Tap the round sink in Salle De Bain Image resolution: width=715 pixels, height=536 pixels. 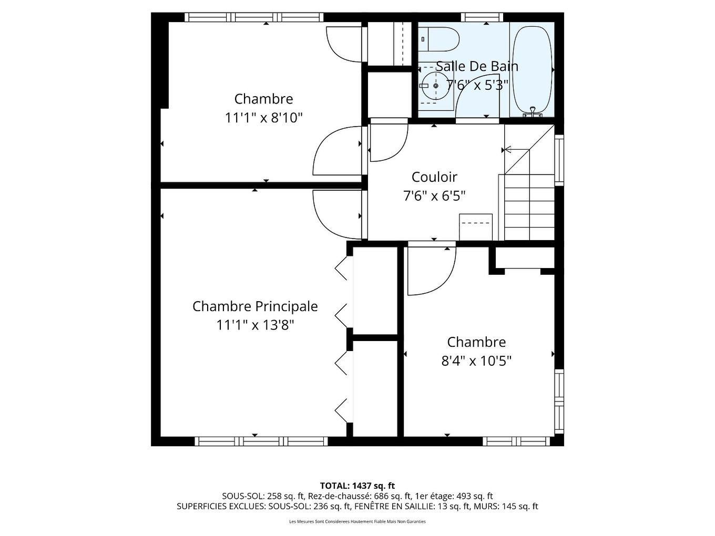(x=436, y=86)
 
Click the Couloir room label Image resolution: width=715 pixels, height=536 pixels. (x=434, y=177)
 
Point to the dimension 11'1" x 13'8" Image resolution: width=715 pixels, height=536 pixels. (x=255, y=325)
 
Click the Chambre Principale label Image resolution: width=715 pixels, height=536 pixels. (x=255, y=306)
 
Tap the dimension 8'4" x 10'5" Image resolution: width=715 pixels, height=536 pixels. (x=476, y=361)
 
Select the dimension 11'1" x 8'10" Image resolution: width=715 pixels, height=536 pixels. (x=264, y=118)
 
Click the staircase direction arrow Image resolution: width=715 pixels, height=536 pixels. (x=508, y=150)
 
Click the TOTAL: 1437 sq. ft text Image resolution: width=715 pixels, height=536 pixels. (x=357, y=486)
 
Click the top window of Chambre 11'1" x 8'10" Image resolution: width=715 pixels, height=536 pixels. (x=254, y=17)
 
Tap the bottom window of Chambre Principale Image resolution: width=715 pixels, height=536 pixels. (x=261, y=441)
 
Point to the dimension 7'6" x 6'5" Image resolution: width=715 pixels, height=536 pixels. (x=434, y=196)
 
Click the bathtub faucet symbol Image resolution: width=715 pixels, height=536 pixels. (x=533, y=112)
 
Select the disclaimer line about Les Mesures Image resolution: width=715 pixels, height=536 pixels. (x=357, y=522)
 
